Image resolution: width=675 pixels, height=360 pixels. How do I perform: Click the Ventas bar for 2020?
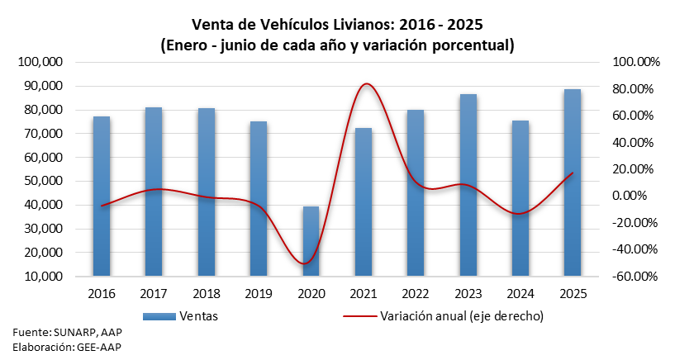(310, 241)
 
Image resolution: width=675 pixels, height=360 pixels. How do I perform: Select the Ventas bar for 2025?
(572, 182)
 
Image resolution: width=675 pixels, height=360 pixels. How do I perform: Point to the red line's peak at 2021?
(364, 84)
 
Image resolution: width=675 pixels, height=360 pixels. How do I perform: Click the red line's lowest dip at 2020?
(307, 263)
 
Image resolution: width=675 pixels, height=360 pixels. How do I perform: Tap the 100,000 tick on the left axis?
(40, 62)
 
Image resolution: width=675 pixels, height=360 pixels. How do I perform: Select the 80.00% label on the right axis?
(633, 89)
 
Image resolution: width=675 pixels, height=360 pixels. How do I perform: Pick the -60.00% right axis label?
(631, 276)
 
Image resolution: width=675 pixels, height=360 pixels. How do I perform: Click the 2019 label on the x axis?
(258, 293)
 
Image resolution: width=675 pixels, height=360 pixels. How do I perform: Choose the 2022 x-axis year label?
(415, 293)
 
